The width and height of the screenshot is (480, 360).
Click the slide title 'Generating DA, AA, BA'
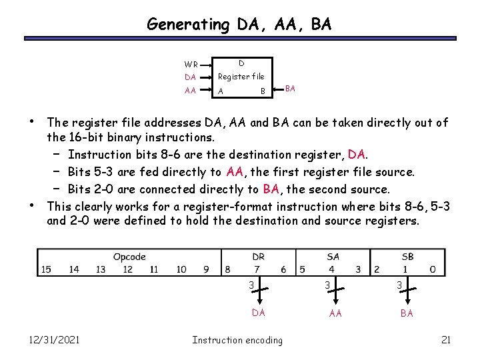click(x=239, y=25)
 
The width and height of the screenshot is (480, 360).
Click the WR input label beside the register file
click(x=191, y=65)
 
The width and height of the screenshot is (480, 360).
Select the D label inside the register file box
click(x=241, y=63)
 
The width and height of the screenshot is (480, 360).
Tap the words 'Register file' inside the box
click(x=241, y=77)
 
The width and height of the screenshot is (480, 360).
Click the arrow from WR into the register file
click(x=207, y=65)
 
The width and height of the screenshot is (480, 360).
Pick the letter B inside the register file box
click(x=263, y=91)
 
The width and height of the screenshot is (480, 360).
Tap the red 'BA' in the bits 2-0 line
click(x=271, y=189)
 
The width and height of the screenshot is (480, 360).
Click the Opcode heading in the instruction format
click(x=129, y=257)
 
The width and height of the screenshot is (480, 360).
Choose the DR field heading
click(x=259, y=257)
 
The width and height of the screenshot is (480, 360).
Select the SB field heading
click(x=407, y=257)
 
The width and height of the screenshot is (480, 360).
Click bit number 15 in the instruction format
click(x=46, y=269)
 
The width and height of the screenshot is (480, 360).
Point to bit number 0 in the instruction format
click(x=433, y=269)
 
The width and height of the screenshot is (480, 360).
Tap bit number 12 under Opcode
click(x=127, y=269)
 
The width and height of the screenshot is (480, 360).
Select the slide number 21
click(x=446, y=340)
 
